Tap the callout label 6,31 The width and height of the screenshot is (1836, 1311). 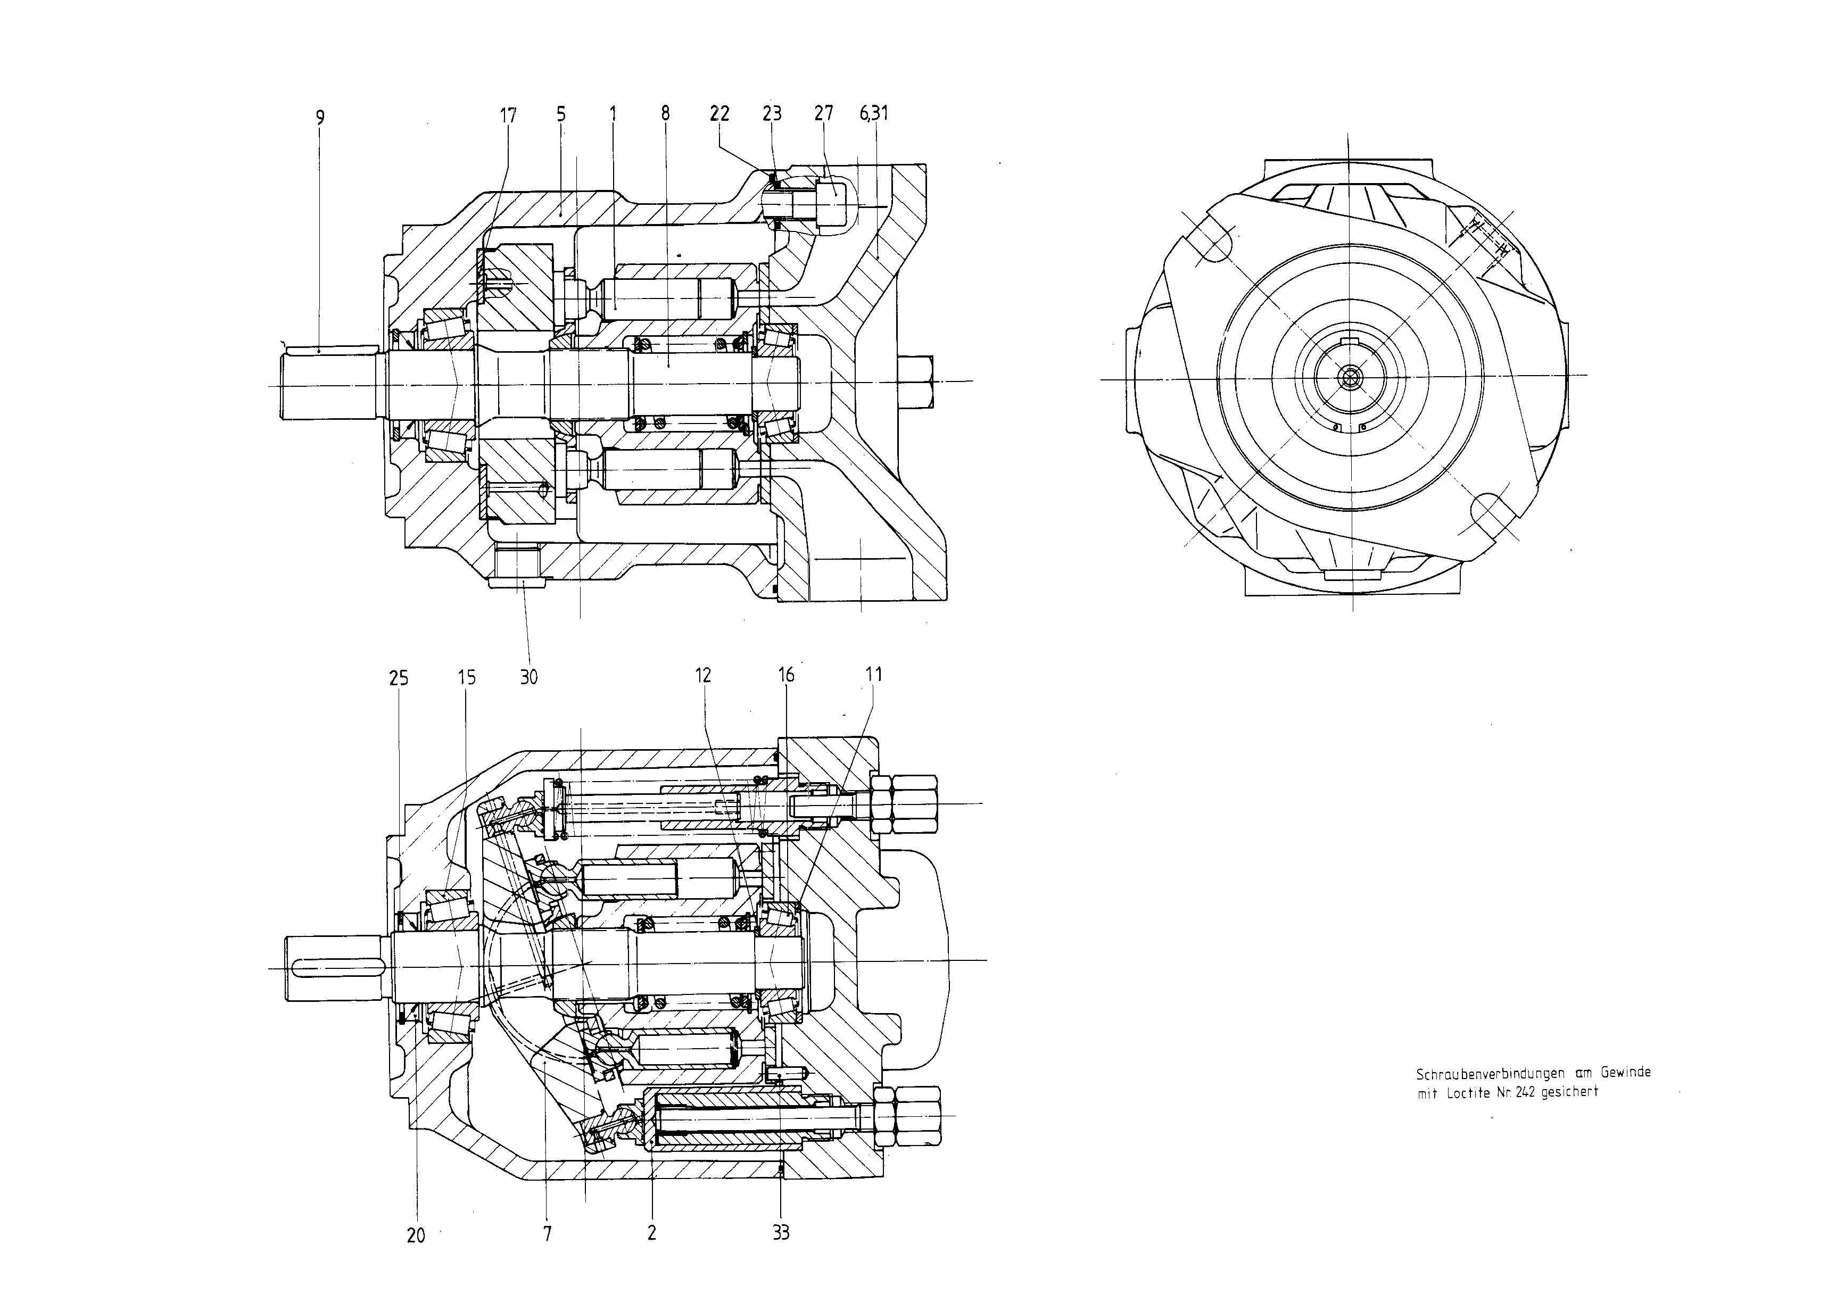(x=874, y=113)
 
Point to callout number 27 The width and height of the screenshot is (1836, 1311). (x=823, y=113)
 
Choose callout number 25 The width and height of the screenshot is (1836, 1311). (x=399, y=678)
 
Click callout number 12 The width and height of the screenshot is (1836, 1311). (x=703, y=675)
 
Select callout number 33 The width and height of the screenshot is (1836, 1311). (x=781, y=1232)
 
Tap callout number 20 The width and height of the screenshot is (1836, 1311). (x=416, y=1235)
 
